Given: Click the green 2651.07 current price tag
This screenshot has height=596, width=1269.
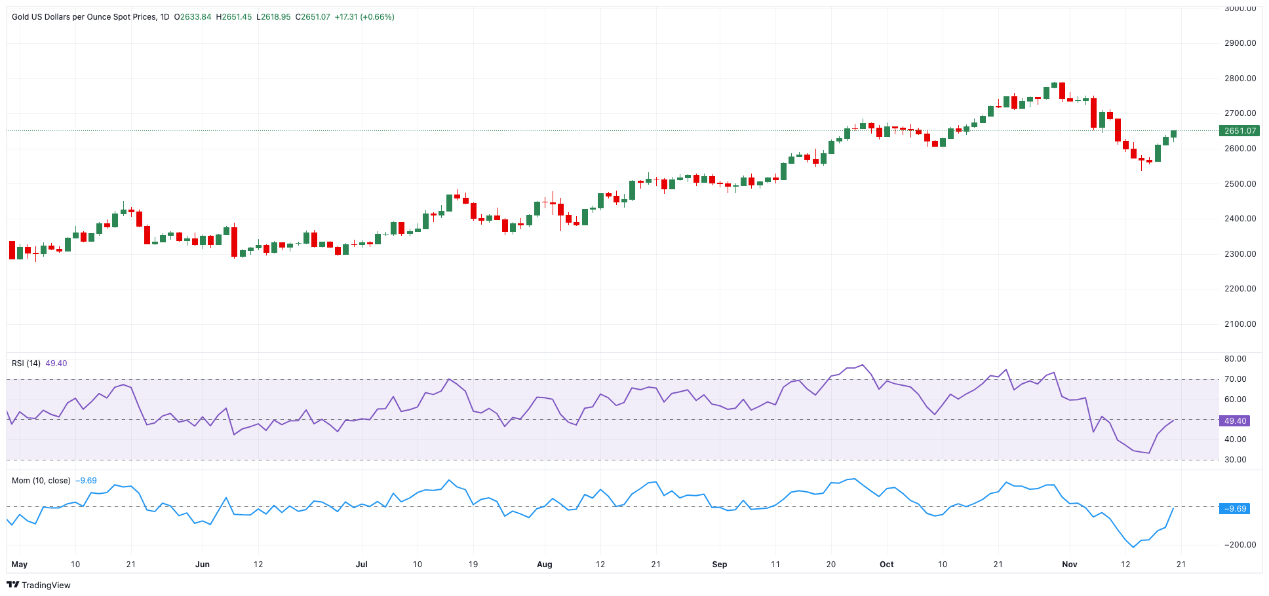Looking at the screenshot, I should [x=1240, y=131].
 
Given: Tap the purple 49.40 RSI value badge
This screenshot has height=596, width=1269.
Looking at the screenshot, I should [x=1235, y=421].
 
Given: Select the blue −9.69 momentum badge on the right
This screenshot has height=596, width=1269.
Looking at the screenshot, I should [x=1235, y=509].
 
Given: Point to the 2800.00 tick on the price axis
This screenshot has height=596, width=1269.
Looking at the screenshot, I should [x=1240, y=79].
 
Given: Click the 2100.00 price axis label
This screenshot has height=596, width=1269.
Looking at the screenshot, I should [x=1240, y=324].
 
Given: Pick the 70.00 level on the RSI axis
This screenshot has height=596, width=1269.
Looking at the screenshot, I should [x=1235, y=379].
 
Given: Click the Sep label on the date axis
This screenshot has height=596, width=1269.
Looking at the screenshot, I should [x=719, y=565].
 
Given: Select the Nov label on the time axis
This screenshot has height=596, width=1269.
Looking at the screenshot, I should [x=1069, y=565].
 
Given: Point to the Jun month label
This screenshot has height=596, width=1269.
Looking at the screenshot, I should [x=203, y=565].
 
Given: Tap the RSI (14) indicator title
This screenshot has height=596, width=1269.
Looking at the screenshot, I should [x=26, y=363].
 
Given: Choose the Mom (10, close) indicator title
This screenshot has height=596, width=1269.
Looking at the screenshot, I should [x=41, y=481].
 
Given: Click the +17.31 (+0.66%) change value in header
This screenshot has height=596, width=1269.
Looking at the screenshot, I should [x=364, y=17].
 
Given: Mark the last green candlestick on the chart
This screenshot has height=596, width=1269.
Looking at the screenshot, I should [x=1173, y=134].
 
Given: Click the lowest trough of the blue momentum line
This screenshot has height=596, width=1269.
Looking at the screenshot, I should [x=1133, y=547].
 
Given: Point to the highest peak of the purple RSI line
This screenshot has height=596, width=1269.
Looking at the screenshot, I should [x=863, y=365].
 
